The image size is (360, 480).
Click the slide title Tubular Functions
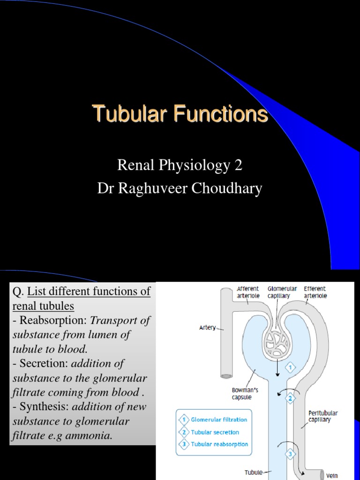180,114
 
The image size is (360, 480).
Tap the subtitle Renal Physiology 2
180,165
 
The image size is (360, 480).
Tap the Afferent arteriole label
248,292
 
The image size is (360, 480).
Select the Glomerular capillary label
282,292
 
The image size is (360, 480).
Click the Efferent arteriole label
315,292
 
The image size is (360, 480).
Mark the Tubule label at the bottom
254,472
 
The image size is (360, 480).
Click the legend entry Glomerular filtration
218,420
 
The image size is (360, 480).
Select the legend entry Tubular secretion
215,432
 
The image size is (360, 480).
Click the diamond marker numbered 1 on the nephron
290,368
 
